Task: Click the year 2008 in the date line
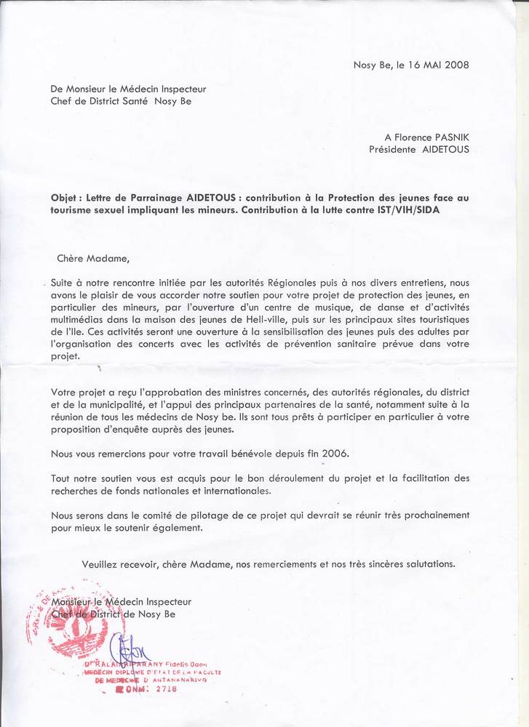click(x=456, y=65)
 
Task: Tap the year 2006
click(x=335, y=454)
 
